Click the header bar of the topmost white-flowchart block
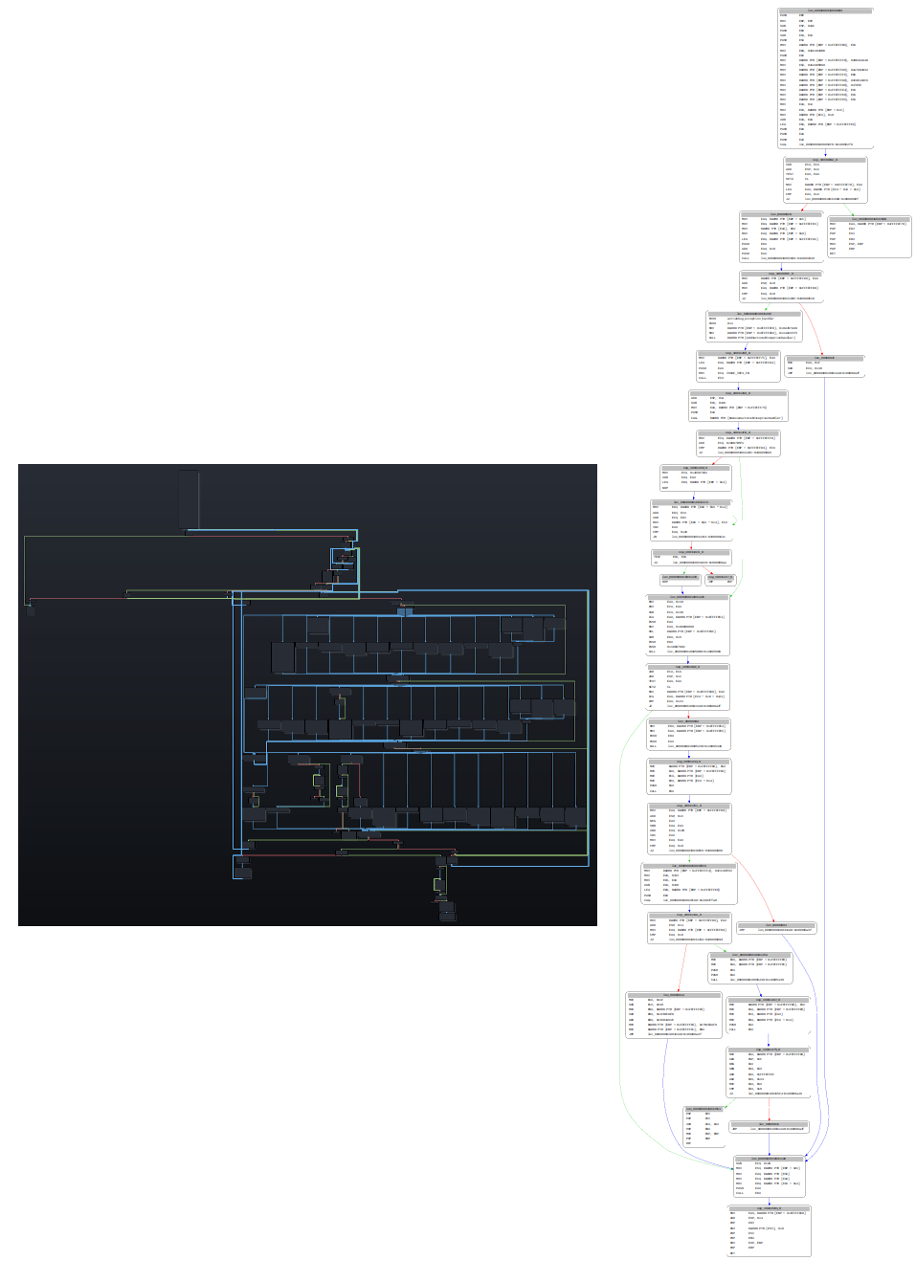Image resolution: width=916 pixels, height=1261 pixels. (825, 11)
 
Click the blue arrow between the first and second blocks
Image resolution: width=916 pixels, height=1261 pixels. (825, 153)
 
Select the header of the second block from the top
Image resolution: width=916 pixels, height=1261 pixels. (825, 160)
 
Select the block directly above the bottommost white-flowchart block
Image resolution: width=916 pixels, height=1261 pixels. (769, 1176)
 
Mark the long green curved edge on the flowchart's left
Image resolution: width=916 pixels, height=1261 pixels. (622, 1005)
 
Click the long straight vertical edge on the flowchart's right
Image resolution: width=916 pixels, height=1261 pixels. (823, 765)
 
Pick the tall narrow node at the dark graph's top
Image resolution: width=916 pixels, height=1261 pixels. (189, 499)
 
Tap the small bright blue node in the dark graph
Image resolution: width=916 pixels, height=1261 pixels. (404, 611)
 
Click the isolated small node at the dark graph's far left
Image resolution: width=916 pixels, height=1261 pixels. (31, 609)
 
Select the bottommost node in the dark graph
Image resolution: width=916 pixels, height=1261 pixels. (447, 914)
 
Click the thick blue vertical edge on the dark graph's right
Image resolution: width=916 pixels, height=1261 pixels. (588, 727)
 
